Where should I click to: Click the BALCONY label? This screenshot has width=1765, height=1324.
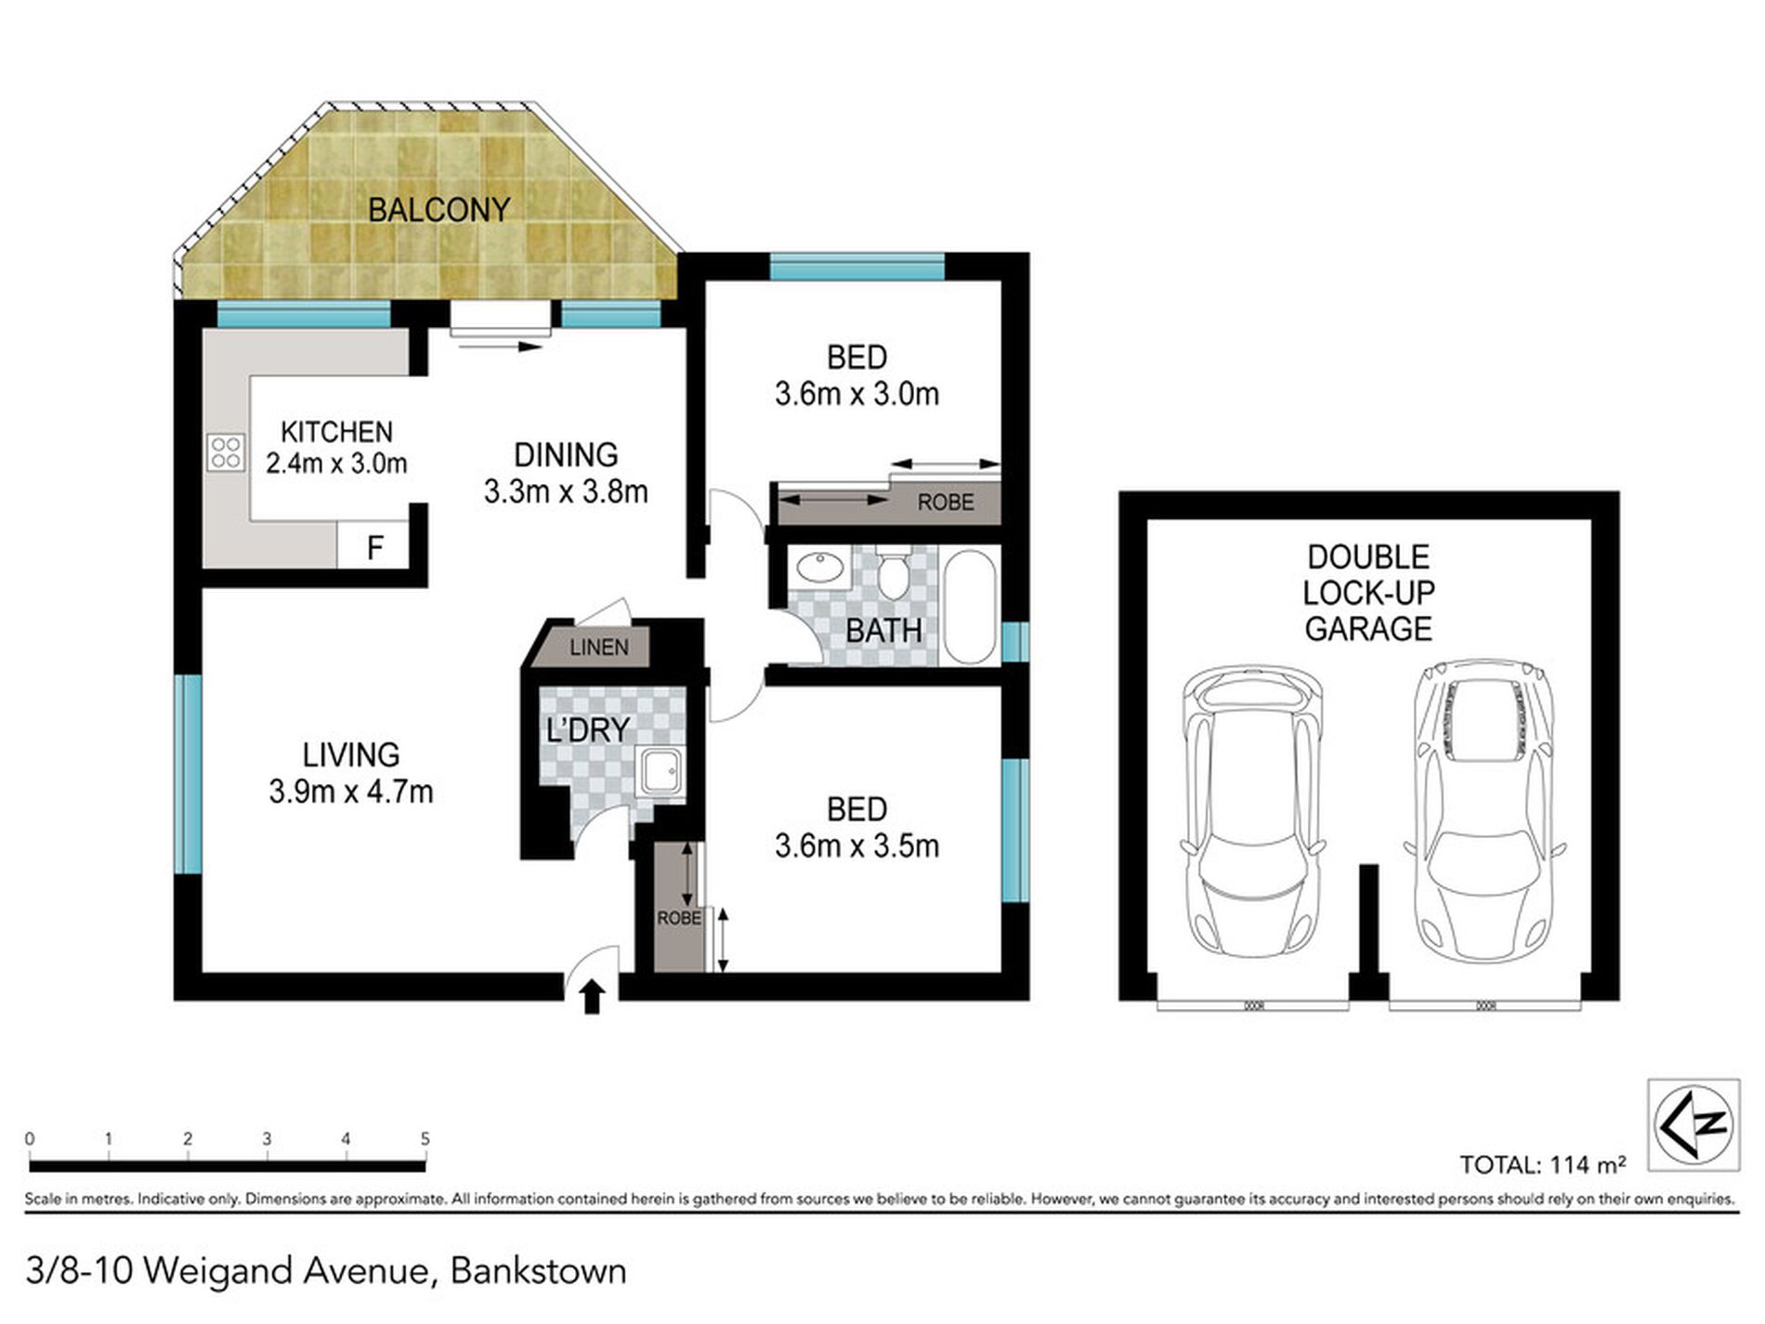click(438, 210)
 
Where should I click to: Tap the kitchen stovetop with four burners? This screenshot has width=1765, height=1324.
click(226, 452)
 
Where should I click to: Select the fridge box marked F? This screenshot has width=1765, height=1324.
click(373, 546)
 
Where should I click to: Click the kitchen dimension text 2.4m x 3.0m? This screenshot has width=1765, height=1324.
click(336, 463)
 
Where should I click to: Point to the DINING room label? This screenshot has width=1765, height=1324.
click(565, 454)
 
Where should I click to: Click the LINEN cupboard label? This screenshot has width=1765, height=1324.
click(598, 647)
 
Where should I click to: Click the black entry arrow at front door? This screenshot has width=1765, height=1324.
click(593, 999)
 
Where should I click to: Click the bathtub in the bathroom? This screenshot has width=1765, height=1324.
click(970, 606)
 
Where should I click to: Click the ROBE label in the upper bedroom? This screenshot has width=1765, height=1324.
click(946, 503)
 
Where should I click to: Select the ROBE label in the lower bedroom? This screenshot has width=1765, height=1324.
click(679, 918)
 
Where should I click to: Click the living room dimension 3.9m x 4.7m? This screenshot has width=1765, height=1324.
click(350, 792)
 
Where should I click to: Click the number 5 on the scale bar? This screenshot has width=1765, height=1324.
click(425, 1139)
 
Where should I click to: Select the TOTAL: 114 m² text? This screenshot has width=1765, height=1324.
click(1542, 1165)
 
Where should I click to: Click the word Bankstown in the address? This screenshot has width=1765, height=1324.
click(538, 1271)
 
